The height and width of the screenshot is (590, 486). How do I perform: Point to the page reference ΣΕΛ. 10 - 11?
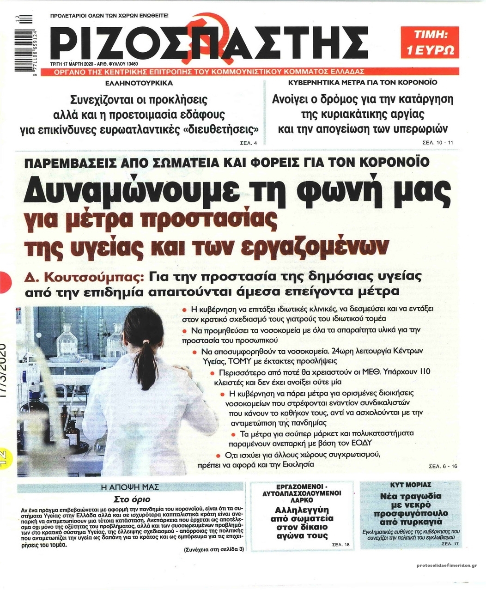438,143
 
